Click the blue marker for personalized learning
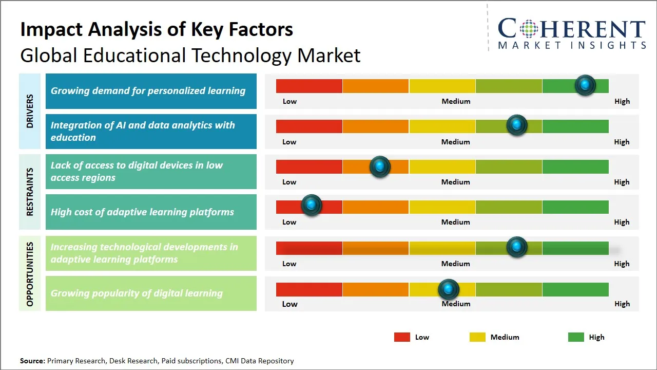[x=585, y=85]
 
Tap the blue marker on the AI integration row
[x=517, y=125]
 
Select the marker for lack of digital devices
[x=380, y=166]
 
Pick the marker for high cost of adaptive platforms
[x=311, y=205]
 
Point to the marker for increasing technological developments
[x=517, y=247]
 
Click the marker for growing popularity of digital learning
[x=449, y=289]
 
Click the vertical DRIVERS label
[x=30, y=111]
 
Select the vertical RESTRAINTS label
[x=30, y=192]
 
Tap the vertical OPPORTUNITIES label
[x=30, y=274]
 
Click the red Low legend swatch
[x=402, y=337]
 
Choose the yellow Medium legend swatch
[x=477, y=337]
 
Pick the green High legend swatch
[x=576, y=337]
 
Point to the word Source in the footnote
[x=32, y=361]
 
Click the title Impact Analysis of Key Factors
[x=157, y=29]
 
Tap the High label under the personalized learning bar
[x=622, y=101]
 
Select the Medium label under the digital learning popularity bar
[x=456, y=304]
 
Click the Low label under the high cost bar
[x=289, y=222]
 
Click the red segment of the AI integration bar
[x=309, y=126]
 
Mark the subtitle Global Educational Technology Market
[x=190, y=55]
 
